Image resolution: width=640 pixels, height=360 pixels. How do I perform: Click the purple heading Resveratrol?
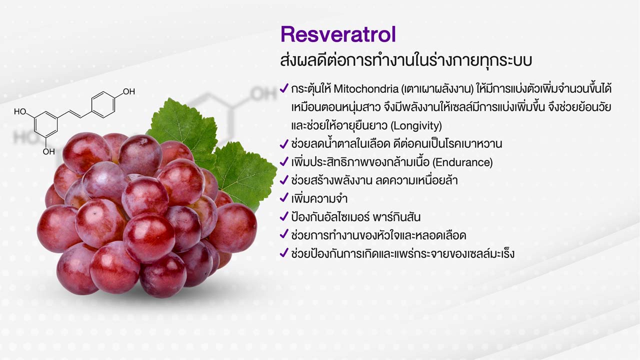[x=338, y=34]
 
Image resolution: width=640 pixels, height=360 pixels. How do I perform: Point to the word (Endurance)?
[x=462, y=162]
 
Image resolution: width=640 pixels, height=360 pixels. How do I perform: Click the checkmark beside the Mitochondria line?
[x=283, y=88]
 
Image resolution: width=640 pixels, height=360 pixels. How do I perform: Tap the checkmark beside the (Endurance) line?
[x=283, y=161]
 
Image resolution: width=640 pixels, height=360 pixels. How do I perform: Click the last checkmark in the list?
[x=283, y=253]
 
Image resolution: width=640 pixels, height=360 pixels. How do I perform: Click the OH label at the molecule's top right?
[x=129, y=91]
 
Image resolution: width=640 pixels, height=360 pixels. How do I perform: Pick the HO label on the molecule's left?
[x=20, y=111]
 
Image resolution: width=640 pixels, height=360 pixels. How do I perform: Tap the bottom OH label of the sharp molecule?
[x=49, y=151]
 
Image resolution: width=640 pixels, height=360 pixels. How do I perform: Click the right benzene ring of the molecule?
[x=103, y=105]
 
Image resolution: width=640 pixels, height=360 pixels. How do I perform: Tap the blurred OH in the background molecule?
[x=263, y=94]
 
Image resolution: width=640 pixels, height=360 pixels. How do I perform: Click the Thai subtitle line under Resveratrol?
[x=406, y=60]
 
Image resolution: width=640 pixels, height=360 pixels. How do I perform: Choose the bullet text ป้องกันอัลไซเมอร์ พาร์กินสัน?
[x=355, y=217]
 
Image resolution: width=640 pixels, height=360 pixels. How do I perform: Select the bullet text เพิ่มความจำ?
[x=319, y=198]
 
